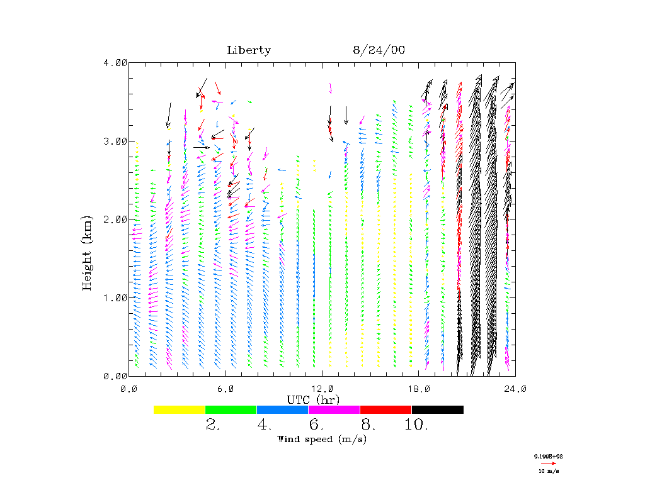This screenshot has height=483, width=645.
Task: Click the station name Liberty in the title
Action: pyautogui.click(x=249, y=50)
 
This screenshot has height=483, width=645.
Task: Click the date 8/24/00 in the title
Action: pyautogui.click(x=379, y=50)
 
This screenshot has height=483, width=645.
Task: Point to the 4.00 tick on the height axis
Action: pyautogui.click(x=115, y=62)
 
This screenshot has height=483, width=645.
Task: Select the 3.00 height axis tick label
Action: pyautogui.click(x=115, y=141)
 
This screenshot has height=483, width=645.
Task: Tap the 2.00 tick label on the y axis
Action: pyautogui.click(x=115, y=219)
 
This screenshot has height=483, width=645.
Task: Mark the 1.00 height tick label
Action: pyautogui.click(x=115, y=297)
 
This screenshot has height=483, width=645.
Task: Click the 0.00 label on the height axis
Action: pyautogui.click(x=115, y=376)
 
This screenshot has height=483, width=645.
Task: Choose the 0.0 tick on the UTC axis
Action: pyautogui.click(x=129, y=389)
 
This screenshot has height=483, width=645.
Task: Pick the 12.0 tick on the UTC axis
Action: pyautogui.click(x=322, y=389)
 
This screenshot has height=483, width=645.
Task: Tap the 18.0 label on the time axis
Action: pyautogui.click(x=419, y=389)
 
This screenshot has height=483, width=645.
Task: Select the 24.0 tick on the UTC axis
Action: pyautogui.click(x=515, y=389)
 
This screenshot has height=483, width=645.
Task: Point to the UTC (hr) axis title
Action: pyautogui.click(x=314, y=399)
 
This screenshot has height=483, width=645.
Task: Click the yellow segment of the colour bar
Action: pyautogui.click(x=180, y=409)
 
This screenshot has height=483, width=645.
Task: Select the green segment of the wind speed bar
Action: pyautogui.click(x=231, y=409)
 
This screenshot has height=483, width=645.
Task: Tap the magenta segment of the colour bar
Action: pyautogui.click(x=334, y=409)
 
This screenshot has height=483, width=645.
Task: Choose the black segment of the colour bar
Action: pyautogui.click(x=438, y=409)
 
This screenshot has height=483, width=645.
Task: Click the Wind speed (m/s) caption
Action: pyautogui.click(x=322, y=439)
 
